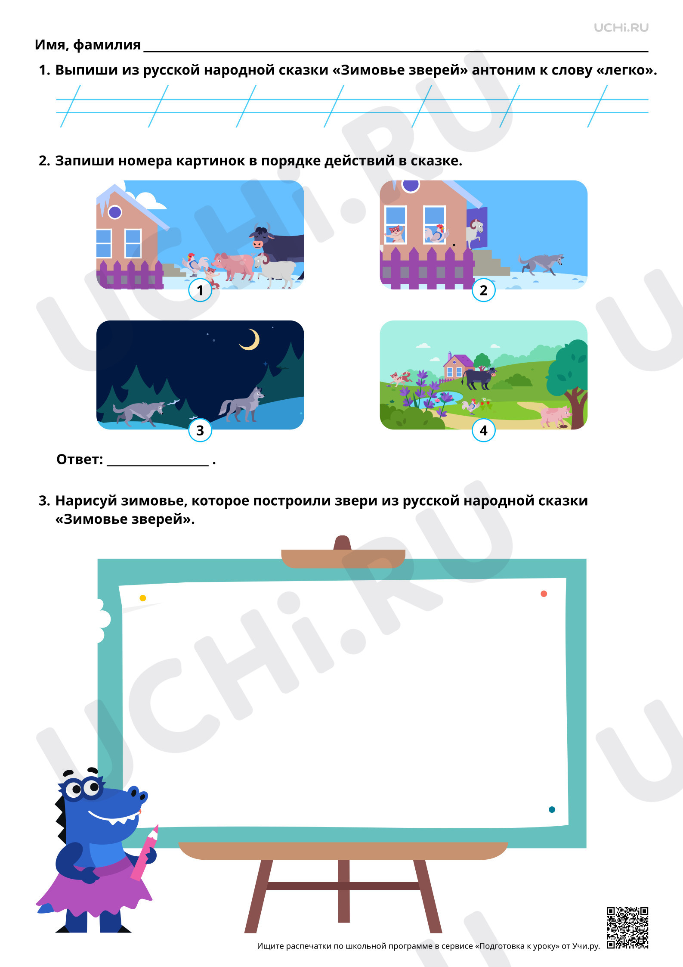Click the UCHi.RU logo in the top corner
tap(621, 28)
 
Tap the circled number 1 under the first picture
tap(200, 290)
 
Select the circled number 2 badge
tap(484, 290)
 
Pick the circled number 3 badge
tap(200, 430)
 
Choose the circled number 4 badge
tap(484, 430)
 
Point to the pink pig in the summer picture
tap(555, 416)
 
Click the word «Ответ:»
tap(80, 460)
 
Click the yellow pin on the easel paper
tap(143, 598)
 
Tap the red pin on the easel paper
tap(544, 594)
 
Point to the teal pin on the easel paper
tap(552, 810)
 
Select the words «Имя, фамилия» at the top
tap(87, 45)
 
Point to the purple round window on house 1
tap(115, 212)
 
